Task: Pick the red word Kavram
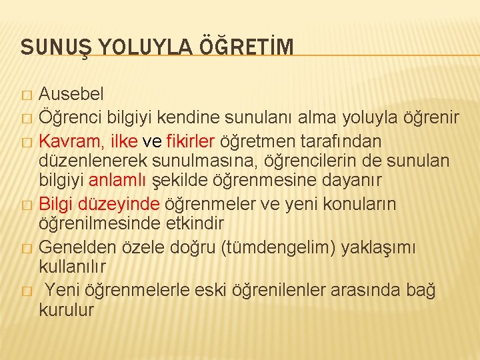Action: (x=69, y=141)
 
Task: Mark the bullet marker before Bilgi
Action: (x=26, y=205)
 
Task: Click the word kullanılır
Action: (x=73, y=267)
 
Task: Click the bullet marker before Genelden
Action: (x=26, y=249)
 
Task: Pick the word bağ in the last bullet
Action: (x=421, y=290)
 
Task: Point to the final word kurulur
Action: (x=67, y=311)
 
